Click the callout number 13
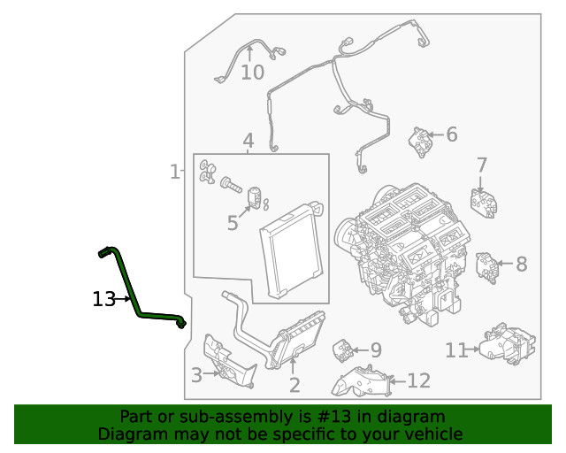click(103, 299)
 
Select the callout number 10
click(252, 72)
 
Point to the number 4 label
click(249, 141)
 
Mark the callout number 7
click(521, 264)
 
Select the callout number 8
click(375, 350)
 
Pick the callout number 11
click(455, 350)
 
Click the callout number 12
click(417, 381)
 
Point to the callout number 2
click(294, 385)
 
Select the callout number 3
click(196, 374)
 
